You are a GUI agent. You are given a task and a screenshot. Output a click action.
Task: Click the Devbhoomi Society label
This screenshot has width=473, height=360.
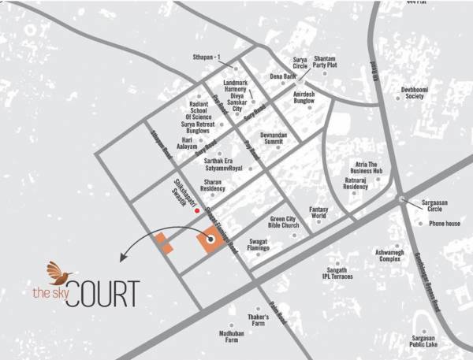tap(413, 91)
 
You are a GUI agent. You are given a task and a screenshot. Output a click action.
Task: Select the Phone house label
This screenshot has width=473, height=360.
tap(445, 224)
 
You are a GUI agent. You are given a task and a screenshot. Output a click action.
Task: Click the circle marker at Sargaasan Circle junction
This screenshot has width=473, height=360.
tap(402, 199)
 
